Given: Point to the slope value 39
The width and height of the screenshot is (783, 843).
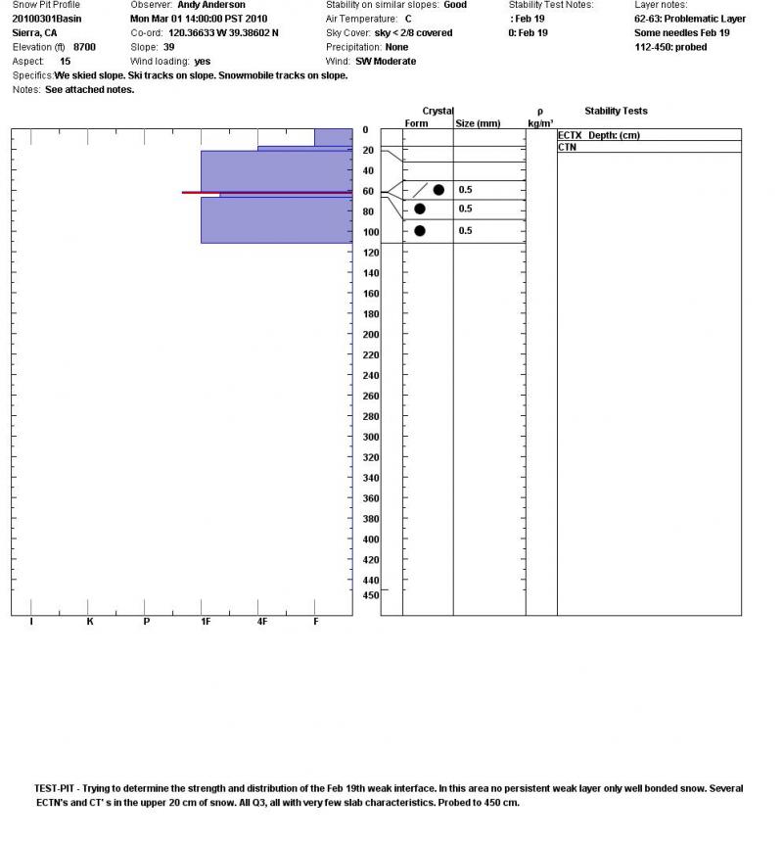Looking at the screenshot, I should click(x=169, y=47).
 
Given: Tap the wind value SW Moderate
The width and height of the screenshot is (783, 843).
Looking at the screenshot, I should click(x=386, y=61).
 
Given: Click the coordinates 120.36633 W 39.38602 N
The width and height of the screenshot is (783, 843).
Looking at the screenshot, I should click(x=223, y=32).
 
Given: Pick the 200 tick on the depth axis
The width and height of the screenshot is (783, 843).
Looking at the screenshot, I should click(x=371, y=335).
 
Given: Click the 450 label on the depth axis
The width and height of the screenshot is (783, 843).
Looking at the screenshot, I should click(x=371, y=595).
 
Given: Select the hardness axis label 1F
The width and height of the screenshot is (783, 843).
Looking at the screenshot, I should click(x=206, y=622).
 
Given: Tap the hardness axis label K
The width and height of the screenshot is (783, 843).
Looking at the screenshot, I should click(x=89, y=622).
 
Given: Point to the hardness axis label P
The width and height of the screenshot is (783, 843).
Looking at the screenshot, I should click(x=147, y=622).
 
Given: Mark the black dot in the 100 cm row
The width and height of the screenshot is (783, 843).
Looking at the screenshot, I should click(x=420, y=231).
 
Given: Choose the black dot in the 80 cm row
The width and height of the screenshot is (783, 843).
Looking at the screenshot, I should click(x=420, y=209).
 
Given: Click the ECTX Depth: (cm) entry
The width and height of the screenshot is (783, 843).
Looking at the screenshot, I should click(x=598, y=135).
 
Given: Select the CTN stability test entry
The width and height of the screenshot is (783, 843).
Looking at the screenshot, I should click(x=567, y=147).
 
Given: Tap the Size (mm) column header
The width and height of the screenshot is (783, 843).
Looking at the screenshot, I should click(x=479, y=123).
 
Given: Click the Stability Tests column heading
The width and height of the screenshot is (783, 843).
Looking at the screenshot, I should click(x=616, y=111).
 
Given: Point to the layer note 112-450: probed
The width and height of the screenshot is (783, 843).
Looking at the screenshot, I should click(x=670, y=47).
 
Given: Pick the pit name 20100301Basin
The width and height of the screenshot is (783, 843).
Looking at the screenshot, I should click(x=47, y=19).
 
